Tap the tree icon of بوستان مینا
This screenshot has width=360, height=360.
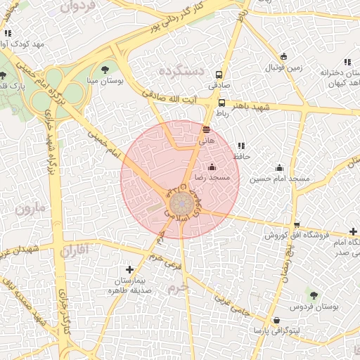[x=105, y=69]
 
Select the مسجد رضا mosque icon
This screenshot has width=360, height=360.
[x=212, y=167]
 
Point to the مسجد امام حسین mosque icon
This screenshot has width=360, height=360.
[x=280, y=167]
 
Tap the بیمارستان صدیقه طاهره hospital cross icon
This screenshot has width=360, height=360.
[x=129, y=269]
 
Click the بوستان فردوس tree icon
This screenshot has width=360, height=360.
[x=314, y=296]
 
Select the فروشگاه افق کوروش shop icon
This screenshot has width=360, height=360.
[x=297, y=225]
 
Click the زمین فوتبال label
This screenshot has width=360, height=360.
[x=283, y=68]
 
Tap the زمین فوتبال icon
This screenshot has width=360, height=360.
[x=283, y=56]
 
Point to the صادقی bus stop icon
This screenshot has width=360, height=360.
[x=219, y=74]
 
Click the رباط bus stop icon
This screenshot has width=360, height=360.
[x=222, y=102]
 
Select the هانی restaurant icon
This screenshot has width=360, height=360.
[x=206, y=129]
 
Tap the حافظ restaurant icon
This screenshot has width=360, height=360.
[x=242, y=146]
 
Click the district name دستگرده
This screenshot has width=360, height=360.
[x=181, y=72]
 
